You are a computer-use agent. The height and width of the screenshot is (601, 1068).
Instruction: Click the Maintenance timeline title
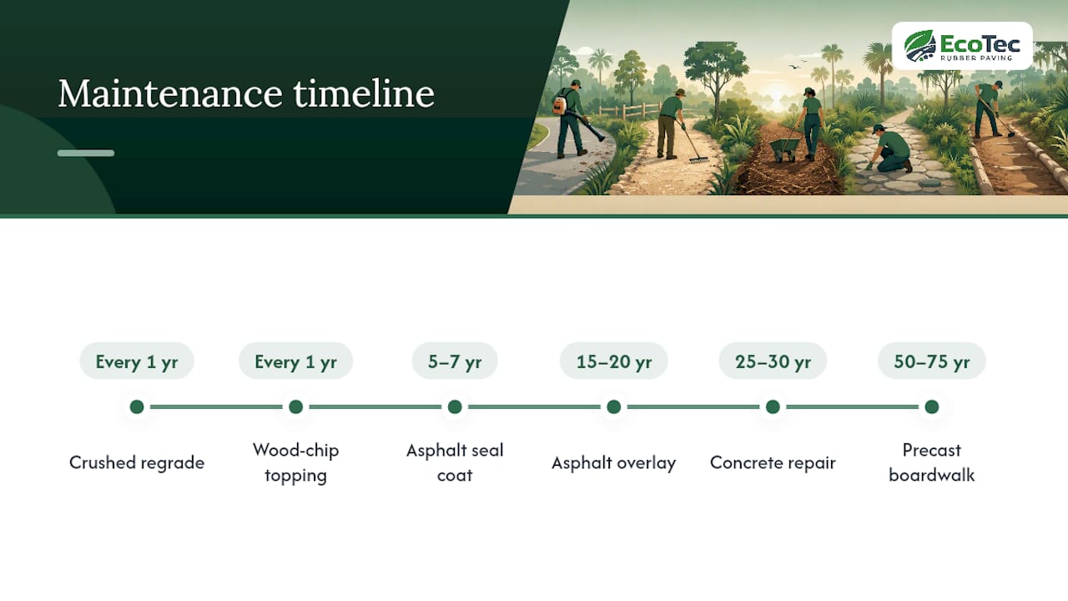pyautogui.click(x=246, y=93)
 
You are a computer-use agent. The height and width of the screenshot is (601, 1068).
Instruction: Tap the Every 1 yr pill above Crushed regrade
pyautogui.click(x=137, y=361)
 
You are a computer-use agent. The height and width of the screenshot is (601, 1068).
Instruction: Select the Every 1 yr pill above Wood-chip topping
pyautogui.click(x=295, y=361)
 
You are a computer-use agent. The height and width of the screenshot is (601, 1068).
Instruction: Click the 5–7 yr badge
pyautogui.click(x=455, y=361)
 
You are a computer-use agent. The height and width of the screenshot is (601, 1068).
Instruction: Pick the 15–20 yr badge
pyautogui.click(x=613, y=361)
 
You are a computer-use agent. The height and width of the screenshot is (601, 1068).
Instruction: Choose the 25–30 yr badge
pyautogui.click(x=773, y=361)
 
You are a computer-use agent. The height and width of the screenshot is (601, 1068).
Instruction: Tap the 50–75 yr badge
pyautogui.click(x=932, y=361)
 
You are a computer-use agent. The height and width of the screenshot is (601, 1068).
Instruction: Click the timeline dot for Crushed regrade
pyautogui.click(x=137, y=407)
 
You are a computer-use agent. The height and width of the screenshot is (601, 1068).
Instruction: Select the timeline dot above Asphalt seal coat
pyautogui.click(x=455, y=407)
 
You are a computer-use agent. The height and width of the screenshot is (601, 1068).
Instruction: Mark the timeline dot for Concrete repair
pyautogui.click(x=773, y=407)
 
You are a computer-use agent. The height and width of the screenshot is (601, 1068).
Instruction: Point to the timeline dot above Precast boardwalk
pyautogui.click(x=932, y=407)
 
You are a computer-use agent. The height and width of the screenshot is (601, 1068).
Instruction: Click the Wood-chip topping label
pyautogui.click(x=295, y=462)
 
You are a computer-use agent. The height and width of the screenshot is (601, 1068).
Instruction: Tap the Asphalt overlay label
pyautogui.click(x=613, y=462)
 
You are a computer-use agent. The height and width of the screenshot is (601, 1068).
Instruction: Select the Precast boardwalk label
pyautogui.click(x=932, y=462)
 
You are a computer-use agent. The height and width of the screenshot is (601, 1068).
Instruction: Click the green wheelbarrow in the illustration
pyautogui.click(x=783, y=149)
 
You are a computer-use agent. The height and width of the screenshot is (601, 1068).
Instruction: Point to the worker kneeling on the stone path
pyautogui.click(x=889, y=149)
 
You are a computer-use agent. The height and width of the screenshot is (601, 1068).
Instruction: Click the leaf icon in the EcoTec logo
pyautogui.click(x=919, y=46)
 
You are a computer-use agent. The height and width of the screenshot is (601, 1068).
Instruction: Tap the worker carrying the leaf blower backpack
pyautogui.click(x=571, y=119)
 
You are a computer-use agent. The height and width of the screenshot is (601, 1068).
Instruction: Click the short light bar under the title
pyautogui.click(x=86, y=153)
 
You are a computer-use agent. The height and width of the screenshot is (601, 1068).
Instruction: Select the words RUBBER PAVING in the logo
pyautogui.click(x=976, y=58)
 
